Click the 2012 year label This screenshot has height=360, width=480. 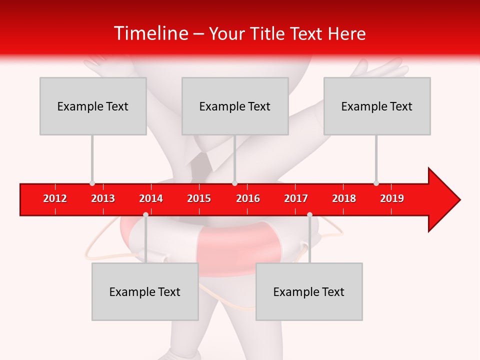point(55,198)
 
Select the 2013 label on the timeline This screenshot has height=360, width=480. point(103,198)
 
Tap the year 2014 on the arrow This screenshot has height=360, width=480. point(151,198)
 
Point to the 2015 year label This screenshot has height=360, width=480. point(199,198)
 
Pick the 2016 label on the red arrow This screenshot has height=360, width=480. point(248,198)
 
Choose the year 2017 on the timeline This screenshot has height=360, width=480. point(296,198)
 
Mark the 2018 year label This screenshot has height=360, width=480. point(344,198)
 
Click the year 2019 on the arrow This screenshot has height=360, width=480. point(392,198)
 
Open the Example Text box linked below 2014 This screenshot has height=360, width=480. point(145,291)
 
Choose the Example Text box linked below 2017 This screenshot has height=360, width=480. point(309,291)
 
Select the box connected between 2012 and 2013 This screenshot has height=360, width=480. point(93,106)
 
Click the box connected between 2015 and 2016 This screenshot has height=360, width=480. point(235,106)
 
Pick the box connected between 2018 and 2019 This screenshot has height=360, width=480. point(377,106)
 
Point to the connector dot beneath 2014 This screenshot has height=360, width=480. point(145,215)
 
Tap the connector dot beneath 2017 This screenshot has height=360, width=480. point(309,215)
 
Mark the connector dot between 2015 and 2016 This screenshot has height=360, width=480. point(234,183)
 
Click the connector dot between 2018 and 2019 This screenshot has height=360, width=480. point(376,183)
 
